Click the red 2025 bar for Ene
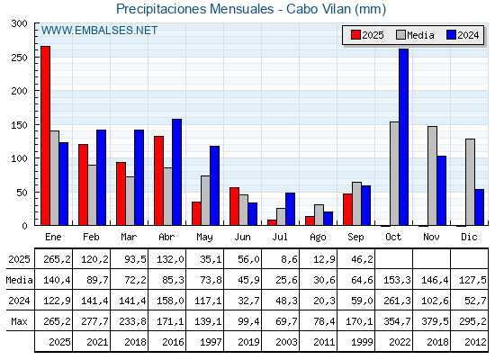pos(45,136)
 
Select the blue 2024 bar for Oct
pos(404,137)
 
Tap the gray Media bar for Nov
pos(432,175)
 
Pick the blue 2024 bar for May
pos(215,185)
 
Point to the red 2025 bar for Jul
pos(272,222)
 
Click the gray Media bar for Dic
pos(470,182)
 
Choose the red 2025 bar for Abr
pos(158,181)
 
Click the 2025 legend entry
pos(367,35)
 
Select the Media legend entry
pos(415,35)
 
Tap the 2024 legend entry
pos(463,35)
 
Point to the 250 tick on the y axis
pos(19,58)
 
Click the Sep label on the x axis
pos(355,238)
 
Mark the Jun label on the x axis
pos(242,238)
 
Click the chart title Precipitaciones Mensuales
pos(195,9)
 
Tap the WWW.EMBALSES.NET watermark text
pos(99,31)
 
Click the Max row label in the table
pos(19,321)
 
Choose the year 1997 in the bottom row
pos(211,342)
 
